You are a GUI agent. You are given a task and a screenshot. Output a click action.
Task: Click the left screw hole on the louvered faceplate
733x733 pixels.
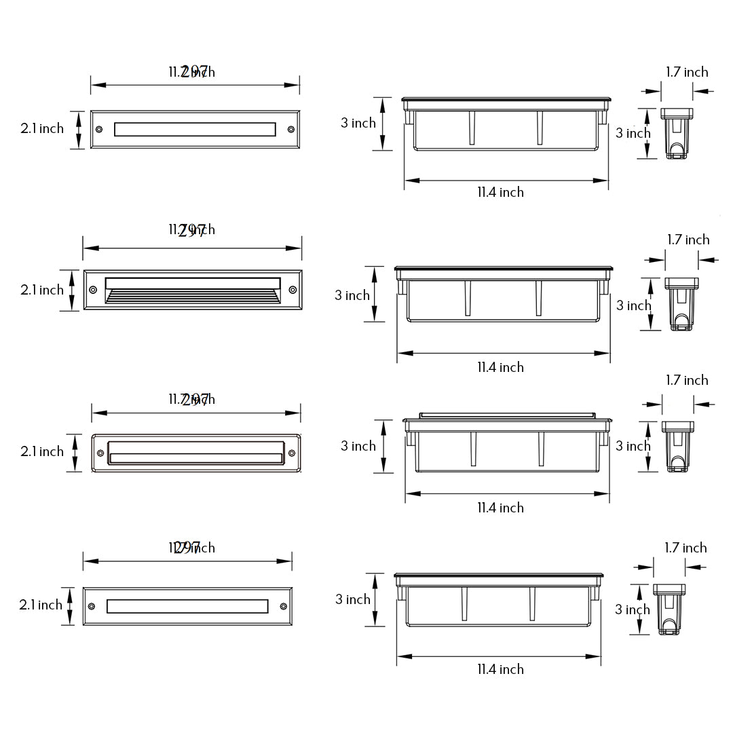point(92,290)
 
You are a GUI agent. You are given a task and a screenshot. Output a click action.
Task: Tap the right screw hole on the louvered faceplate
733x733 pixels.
point(293,290)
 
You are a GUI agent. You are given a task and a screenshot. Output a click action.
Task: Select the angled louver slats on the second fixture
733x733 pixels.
point(193,296)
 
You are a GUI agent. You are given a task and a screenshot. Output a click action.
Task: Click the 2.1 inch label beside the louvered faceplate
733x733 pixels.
point(42,290)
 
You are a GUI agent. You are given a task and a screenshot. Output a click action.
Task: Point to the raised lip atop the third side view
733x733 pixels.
point(508,414)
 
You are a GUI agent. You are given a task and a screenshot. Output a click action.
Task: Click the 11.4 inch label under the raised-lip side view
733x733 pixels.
point(500,508)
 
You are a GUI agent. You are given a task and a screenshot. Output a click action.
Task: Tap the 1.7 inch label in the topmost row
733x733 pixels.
point(686,72)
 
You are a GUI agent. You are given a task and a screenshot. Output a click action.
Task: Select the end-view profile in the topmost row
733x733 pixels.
point(676,133)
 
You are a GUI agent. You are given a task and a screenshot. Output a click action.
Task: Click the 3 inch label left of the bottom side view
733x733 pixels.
point(353,599)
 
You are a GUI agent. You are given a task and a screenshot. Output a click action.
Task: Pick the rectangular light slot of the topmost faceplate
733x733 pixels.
point(195,129)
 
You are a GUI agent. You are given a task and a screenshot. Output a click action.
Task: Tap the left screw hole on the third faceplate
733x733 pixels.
point(101,453)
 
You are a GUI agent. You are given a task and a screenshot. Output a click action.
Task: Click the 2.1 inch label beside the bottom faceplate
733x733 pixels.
point(42,605)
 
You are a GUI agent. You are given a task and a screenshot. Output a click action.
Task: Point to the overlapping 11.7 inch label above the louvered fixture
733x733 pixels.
point(191,230)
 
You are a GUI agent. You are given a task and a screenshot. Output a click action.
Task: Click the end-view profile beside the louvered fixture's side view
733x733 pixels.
point(681,304)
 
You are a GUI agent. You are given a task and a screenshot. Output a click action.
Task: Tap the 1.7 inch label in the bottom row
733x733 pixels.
point(685,548)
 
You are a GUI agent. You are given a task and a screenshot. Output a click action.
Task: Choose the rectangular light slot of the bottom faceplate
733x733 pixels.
point(187,605)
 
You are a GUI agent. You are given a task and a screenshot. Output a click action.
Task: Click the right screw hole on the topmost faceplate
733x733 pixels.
point(291,129)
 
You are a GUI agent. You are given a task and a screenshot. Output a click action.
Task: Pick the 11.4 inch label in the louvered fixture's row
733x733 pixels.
point(500,367)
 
